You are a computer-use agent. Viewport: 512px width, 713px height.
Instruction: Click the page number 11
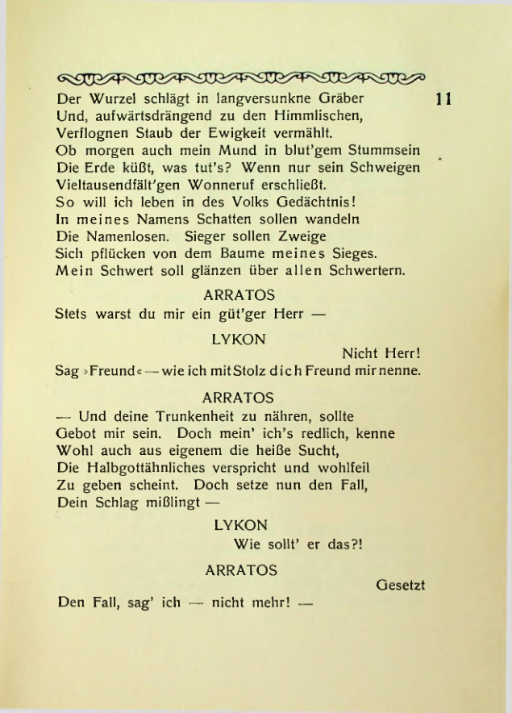click(x=443, y=100)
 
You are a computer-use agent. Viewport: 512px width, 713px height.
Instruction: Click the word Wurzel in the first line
click(x=114, y=100)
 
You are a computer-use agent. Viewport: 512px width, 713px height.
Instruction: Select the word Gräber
click(x=336, y=100)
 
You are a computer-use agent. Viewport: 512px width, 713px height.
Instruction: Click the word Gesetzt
click(x=400, y=584)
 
